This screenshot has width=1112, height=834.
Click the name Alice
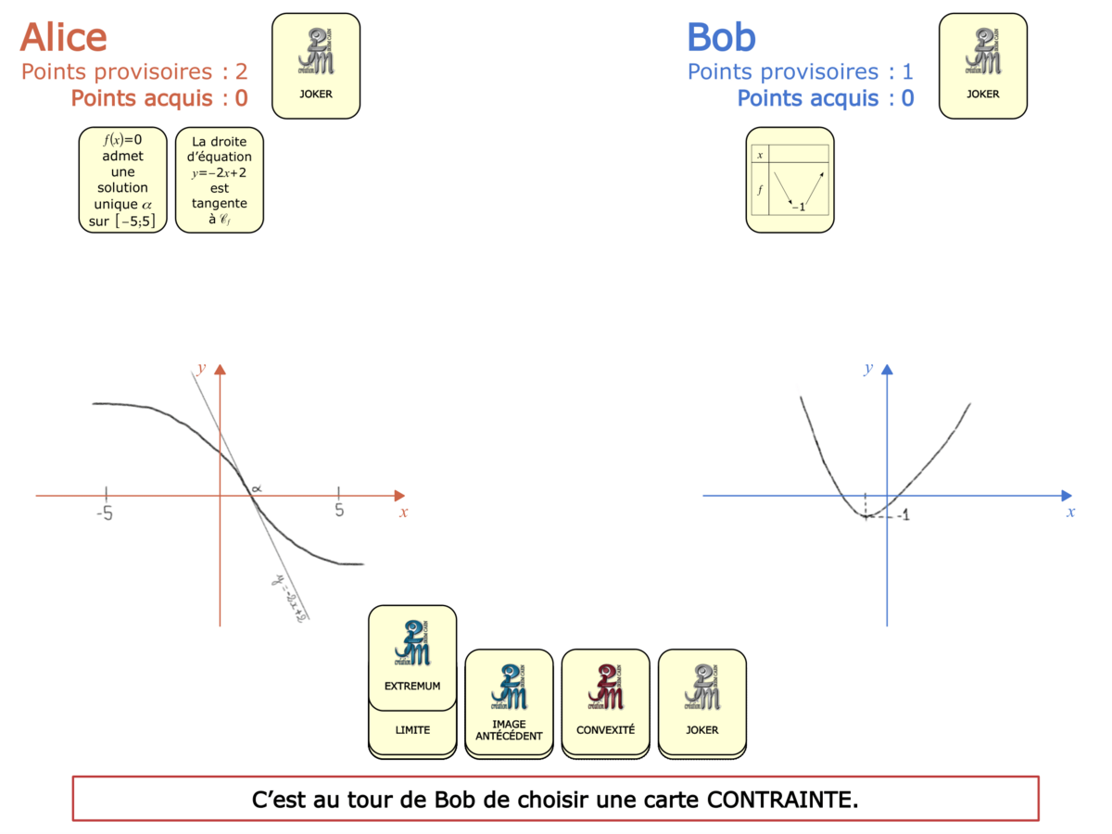[63, 37]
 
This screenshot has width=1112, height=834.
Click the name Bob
[721, 37]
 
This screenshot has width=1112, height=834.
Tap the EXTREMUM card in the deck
[412, 653]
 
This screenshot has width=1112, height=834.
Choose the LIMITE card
[412, 730]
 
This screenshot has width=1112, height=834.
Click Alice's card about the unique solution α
[122, 179]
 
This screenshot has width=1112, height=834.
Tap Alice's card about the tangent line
[220, 179]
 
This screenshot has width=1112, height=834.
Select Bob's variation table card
[790, 179]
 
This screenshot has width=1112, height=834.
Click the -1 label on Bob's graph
[902, 515]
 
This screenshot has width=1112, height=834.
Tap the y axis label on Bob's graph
[868, 368]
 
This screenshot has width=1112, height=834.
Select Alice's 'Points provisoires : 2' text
[134, 71]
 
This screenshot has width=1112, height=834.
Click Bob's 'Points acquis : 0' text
[826, 98]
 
